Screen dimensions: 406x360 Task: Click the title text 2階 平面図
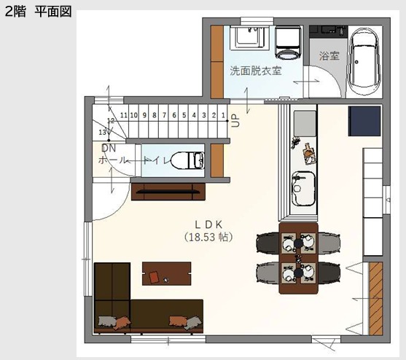[x=38, y=12]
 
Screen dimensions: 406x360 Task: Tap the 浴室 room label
[x=329, y=55]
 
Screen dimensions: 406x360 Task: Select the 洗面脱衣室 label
[x=256, y=71]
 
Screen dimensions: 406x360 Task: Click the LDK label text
[x=208, y=224]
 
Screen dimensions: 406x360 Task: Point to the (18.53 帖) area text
[x=208, y=237]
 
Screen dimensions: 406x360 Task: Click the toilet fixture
[x=188, y=160]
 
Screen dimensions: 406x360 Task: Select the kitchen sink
[x=304, y=189]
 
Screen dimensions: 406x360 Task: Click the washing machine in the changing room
[x=288, y=42]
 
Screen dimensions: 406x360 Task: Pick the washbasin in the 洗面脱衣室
[x=249, y=37]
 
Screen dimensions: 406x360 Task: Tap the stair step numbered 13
[x=102, y=132]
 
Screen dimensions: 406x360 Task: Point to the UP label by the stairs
[x=235, y=121]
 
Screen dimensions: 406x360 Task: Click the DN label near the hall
[x=109, y=148]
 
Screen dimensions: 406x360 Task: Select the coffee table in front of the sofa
[x=167, y=273]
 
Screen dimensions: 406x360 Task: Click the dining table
[x=298, y=258]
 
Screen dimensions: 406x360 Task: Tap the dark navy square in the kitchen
[x=364, y=121]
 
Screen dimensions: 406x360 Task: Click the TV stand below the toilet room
[x=168, y=192]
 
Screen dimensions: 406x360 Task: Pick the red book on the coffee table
[x=154, y=277]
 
